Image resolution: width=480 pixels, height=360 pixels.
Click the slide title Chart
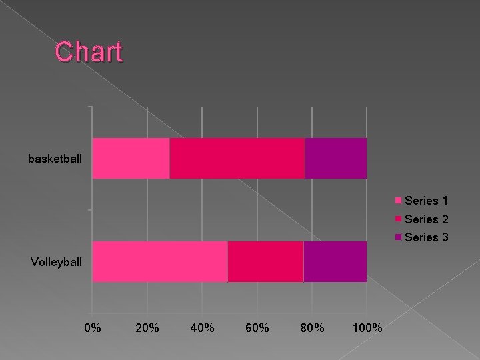click(89, 52)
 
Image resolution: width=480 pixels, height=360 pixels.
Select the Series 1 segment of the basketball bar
click(131, 159)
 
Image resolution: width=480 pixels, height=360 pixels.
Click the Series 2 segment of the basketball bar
click(237, 159)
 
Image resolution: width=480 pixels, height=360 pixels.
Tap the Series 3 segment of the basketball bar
click(335, 159)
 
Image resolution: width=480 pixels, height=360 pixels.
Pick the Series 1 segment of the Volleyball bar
click(160, 261)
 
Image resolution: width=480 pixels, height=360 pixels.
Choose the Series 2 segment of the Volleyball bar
click(265, 261)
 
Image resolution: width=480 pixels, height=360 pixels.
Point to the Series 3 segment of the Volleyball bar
click(335, 261)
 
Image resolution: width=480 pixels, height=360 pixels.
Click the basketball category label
click(55, 159)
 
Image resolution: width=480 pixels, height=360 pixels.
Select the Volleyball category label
click(57, 261)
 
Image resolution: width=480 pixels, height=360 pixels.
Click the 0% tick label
click(93, 328)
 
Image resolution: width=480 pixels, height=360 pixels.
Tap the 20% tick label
click(147, 328)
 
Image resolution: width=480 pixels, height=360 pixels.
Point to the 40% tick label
click(202, 328)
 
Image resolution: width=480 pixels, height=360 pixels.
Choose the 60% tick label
click(257, 328)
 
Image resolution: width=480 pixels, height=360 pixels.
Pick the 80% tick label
click(312, 328)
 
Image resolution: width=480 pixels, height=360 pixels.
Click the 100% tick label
click(367, 328)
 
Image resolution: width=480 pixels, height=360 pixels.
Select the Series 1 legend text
click(427, 201)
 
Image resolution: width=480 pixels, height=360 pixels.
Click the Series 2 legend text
click(427, 219)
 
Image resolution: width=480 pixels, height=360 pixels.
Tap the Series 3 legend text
click(427, 237)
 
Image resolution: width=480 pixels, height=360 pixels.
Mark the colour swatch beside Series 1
click(399, 201)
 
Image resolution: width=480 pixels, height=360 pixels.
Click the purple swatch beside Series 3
click(399, 237)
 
